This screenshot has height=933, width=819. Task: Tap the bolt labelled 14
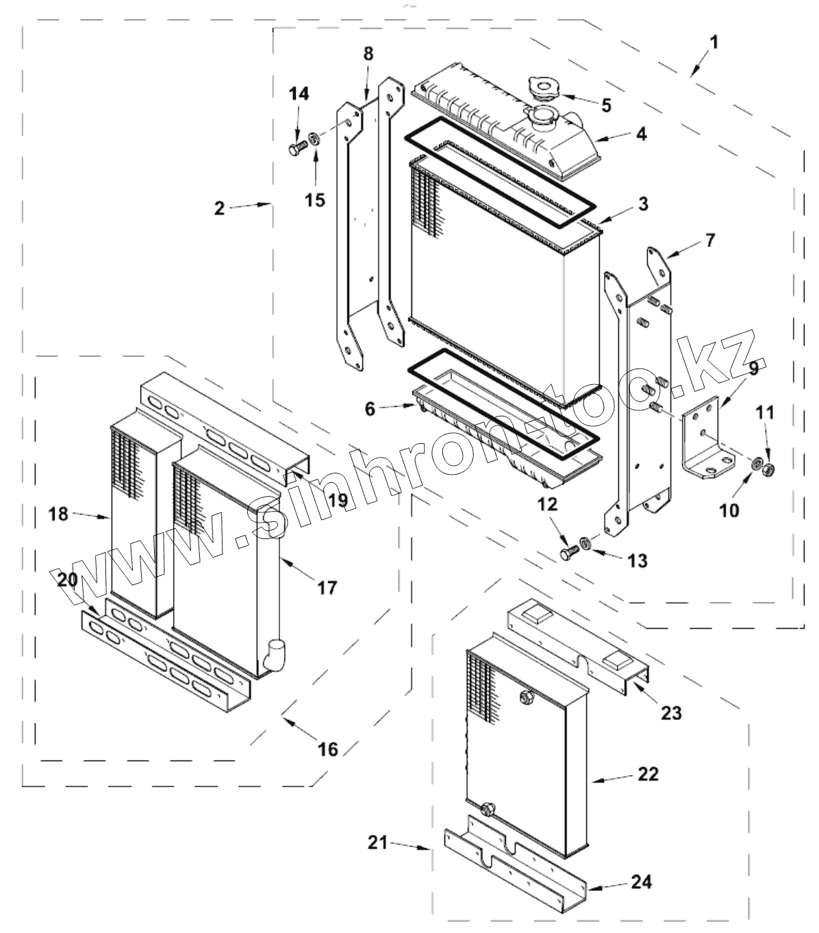[298, 148]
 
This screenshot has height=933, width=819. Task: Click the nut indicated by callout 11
[768, 469]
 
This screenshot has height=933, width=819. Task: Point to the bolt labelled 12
[570, 552]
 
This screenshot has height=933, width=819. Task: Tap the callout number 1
[713, 43]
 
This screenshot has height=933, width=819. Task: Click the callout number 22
[648, 774]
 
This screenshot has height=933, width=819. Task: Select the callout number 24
[642, 882]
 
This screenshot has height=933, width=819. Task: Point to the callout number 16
[328, 749]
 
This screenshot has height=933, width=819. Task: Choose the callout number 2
[220, 208]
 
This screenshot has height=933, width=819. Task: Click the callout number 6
[370, 409]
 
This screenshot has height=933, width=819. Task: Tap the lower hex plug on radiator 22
[488, 820]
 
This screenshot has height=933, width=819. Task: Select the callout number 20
[68, 580]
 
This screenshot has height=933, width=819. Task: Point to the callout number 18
[58, 514]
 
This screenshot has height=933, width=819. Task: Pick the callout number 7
[710, 240]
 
